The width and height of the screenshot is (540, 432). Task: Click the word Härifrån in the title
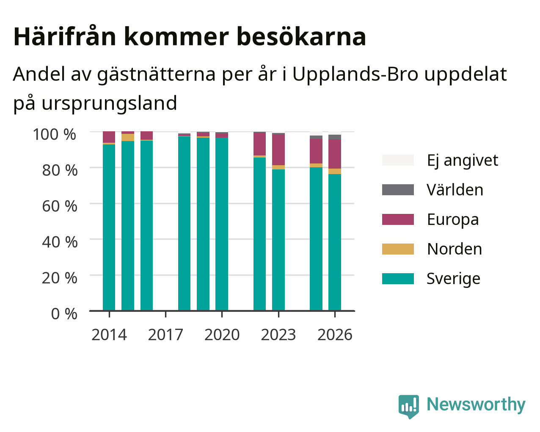65,36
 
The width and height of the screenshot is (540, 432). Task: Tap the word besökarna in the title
301,36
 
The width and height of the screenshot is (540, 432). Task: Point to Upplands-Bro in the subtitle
355,75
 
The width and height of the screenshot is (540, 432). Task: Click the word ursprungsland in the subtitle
109,103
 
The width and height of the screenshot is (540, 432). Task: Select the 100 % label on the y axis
55,134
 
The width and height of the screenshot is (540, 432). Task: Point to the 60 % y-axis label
60,206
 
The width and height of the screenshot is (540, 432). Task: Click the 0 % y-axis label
64,314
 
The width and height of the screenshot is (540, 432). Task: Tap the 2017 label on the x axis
165,335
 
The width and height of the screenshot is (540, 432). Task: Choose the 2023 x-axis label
278,335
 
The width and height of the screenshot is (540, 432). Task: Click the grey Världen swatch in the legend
398,190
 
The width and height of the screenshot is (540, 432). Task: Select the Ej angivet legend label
463,161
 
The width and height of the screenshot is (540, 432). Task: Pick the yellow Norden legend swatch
398,249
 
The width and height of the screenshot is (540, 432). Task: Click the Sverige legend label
453,279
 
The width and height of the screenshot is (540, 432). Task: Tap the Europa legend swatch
398,219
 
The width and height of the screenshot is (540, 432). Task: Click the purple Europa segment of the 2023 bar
278,150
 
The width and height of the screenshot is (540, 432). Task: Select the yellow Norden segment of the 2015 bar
128,137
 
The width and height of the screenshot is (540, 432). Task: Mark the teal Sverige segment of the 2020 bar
222,224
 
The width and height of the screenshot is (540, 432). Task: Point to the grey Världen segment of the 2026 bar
335,137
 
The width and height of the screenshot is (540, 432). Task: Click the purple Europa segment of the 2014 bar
109,137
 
